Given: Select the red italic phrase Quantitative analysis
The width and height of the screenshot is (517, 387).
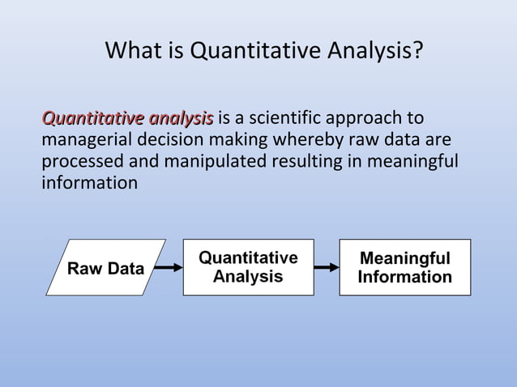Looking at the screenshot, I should [128, 119].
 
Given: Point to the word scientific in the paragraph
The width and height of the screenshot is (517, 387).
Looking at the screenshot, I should [285, 119].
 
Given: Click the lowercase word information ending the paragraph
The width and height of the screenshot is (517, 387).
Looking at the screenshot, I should [89, 182].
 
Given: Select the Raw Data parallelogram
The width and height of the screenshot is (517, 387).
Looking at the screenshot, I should [105, 268].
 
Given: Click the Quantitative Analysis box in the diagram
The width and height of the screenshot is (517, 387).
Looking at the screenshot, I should [248, 267].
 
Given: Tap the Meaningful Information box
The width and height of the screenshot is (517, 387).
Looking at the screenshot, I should [404, 267].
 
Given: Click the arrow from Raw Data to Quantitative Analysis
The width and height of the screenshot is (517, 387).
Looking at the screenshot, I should [167, 267].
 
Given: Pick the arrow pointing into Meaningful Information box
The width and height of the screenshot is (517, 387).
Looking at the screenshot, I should [326, 267].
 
